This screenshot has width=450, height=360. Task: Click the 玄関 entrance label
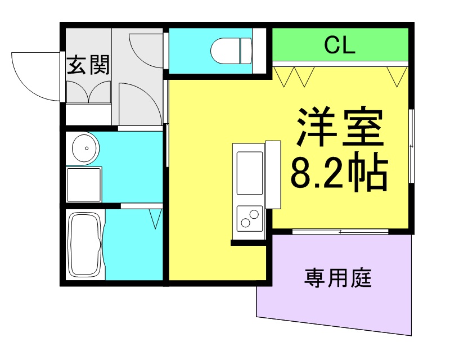click(x=88, y=65)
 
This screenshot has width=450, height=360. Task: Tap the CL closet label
click(x=340, y=46)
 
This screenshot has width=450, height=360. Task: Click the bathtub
click(x=84, y=245)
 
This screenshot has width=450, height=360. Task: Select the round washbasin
click(x=84, y=148)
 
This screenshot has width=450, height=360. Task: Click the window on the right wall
click(x=412, y=146)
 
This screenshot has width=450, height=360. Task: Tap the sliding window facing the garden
click(x=340, y=231)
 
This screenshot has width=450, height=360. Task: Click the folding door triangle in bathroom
click(x=156, y=218)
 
